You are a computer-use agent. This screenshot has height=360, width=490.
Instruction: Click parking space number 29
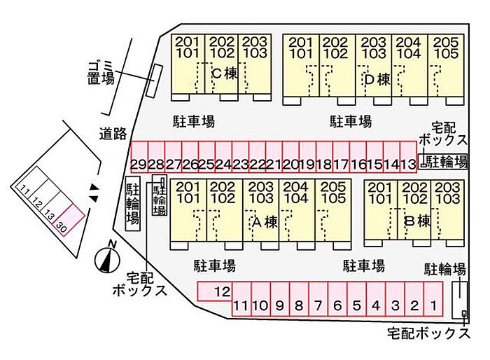coord(139,157)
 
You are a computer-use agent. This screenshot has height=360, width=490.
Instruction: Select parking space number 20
coord(290,157)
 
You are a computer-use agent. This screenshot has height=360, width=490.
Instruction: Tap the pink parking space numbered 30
coord(69,219)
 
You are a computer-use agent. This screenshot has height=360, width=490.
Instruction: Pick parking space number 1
coord(433,299)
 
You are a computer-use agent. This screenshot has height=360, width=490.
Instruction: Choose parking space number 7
coord(318,299)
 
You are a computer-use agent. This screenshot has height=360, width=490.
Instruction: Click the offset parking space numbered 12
coord(215,291)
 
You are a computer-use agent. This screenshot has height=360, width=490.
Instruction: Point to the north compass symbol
coord(108,258)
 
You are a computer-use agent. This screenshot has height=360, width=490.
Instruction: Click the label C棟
coord(225,74)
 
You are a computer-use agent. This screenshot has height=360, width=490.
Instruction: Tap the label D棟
coord(377,79)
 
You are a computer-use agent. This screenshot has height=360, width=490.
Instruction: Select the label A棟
coord(265,222)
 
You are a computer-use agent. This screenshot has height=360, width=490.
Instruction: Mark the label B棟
coord(417,221)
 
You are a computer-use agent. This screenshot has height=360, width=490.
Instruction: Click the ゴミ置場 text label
coord(100,73)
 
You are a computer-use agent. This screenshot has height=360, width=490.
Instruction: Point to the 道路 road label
coord(113,134)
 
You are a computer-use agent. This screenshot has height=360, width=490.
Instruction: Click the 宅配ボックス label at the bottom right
coord(428,333)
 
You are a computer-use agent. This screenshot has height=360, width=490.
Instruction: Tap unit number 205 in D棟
coord(446,42)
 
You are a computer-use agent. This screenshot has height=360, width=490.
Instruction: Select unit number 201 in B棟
coord(380,187)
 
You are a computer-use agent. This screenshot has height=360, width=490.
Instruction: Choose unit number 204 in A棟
coord(295,187)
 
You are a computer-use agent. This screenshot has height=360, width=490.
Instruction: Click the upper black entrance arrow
coord(94,187)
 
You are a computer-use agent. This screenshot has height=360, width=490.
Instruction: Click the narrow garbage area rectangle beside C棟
coord(155,81)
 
